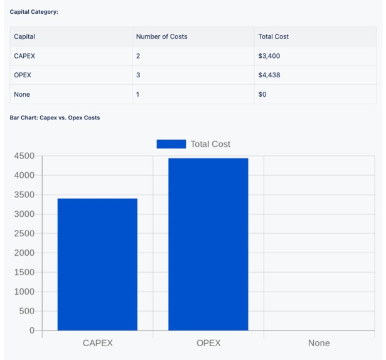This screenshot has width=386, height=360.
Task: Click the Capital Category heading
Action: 34,12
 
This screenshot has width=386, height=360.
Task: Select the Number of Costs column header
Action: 161,36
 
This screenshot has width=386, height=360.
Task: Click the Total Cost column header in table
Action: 273,36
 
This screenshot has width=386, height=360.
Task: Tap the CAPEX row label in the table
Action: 24,56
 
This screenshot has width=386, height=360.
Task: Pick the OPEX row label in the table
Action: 23,75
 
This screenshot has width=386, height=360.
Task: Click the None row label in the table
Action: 22,94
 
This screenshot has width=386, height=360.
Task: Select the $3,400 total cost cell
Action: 269,56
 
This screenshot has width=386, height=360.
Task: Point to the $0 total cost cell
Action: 262,94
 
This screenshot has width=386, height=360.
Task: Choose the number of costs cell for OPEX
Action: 138,75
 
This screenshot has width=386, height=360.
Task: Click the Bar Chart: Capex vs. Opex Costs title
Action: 55,117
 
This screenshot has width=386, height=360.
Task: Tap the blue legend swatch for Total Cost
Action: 171,144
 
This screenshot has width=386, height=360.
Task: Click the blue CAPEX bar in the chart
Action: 97,264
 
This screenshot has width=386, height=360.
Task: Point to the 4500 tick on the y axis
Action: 24,156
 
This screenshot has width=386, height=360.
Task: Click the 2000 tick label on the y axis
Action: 24,253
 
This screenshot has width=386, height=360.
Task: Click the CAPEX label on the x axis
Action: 97,343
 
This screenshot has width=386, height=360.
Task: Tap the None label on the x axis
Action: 319,343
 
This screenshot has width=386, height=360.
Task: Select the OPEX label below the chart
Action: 208,343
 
